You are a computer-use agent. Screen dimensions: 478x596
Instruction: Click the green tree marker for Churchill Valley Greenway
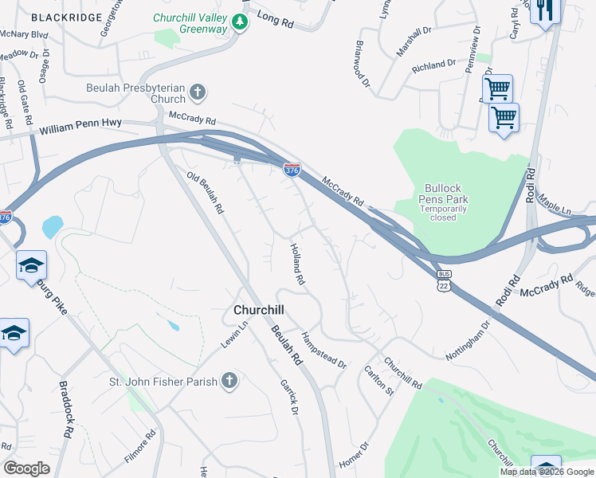(239, 23)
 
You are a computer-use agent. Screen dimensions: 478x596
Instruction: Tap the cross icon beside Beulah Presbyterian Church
(198, 94)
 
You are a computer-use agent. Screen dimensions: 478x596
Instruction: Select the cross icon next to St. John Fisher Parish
(229, 381)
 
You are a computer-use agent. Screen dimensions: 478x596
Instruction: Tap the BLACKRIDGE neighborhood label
(67, 17)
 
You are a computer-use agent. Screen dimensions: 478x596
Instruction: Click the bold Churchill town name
(259, 309)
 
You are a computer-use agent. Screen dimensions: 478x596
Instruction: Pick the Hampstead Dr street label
(323, 350)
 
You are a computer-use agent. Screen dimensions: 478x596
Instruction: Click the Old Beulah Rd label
(205, 192)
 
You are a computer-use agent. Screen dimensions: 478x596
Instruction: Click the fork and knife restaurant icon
(545, 10)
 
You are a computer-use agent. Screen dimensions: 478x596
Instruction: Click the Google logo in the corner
(26, 468)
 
